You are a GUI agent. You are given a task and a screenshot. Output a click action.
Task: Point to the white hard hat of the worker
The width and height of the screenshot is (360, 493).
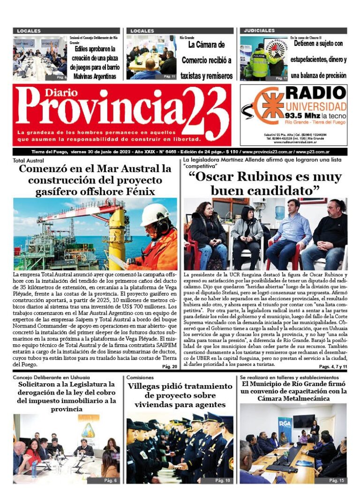[x=154, y=213]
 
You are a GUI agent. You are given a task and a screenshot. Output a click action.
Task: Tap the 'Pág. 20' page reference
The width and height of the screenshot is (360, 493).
[x=169, y=367]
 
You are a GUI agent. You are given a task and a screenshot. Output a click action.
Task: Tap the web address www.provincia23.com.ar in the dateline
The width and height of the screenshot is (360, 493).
[x=265, y=152]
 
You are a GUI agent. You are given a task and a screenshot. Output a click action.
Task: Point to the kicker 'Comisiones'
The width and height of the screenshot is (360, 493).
[x=140, y=377]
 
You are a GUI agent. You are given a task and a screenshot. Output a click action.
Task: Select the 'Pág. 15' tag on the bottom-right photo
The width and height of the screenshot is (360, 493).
[x=336, y=480]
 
